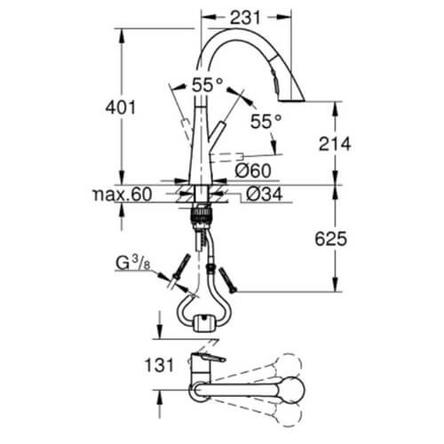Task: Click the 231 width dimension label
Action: pyautogui.click(x=245, y=18)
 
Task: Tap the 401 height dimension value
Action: pyautogui.click(x=121, y=107)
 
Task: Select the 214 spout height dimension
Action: pyautogui.click(x=335, y=144)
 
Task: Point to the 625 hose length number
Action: pyautogui.click(x=330, y=239)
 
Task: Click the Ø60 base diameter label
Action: pyautogui.click(x=253, y=170)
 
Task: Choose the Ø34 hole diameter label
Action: pyautogui.click(x=265, y=194)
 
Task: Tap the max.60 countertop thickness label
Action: pyautogui.click(x=123, y=194)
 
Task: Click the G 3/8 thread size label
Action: pyautogui.click(x=133, y=263)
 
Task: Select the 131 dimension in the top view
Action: pyautogui.click(x=159, y=365)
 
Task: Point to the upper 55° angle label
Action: pyautogui.click(x=207, y=85)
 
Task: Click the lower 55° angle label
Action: pyautogui.click(x=266, y=122)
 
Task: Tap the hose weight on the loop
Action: pyautogui.click(x=202, y=323)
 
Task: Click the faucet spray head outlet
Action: pyautogui.click(x=292, y=100)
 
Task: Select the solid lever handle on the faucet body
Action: pyautogui.click(x=216, y=131)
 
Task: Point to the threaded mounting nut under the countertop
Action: pyautogui.click(x=201, y=215)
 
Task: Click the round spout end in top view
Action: pyautogui.click(x=291, y=390)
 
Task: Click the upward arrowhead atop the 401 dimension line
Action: pyautogui.click(x=121, y=37)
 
